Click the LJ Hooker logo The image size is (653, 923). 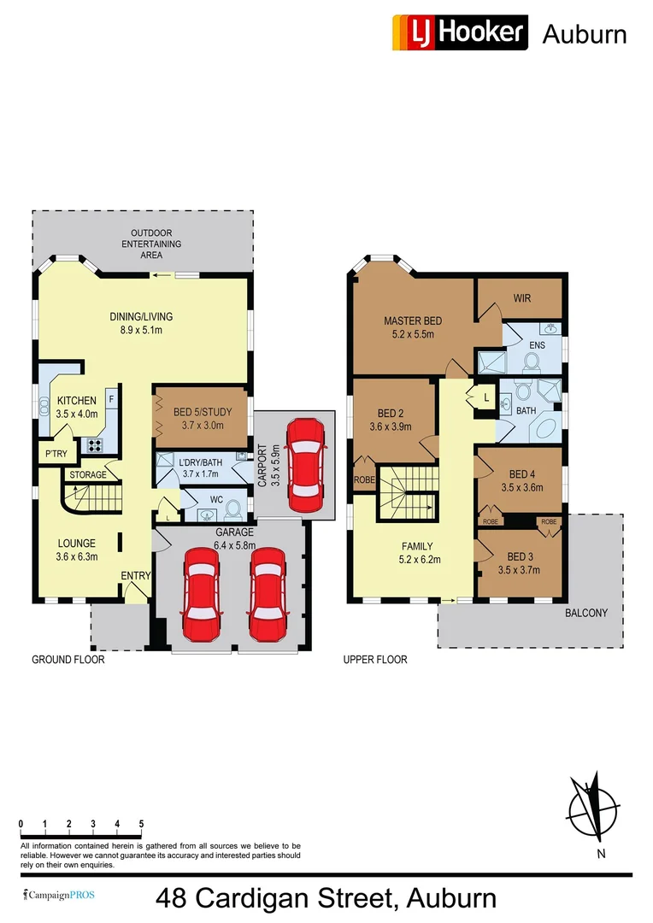460,32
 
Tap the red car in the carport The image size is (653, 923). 305,461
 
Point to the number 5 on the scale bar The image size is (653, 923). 141,824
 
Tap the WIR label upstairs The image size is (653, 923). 522,298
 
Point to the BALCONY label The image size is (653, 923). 585,613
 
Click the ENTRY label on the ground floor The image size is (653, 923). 135,576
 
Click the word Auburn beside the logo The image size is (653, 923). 585,34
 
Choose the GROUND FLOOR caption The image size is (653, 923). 68,660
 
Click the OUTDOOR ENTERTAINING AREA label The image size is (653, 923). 151,244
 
